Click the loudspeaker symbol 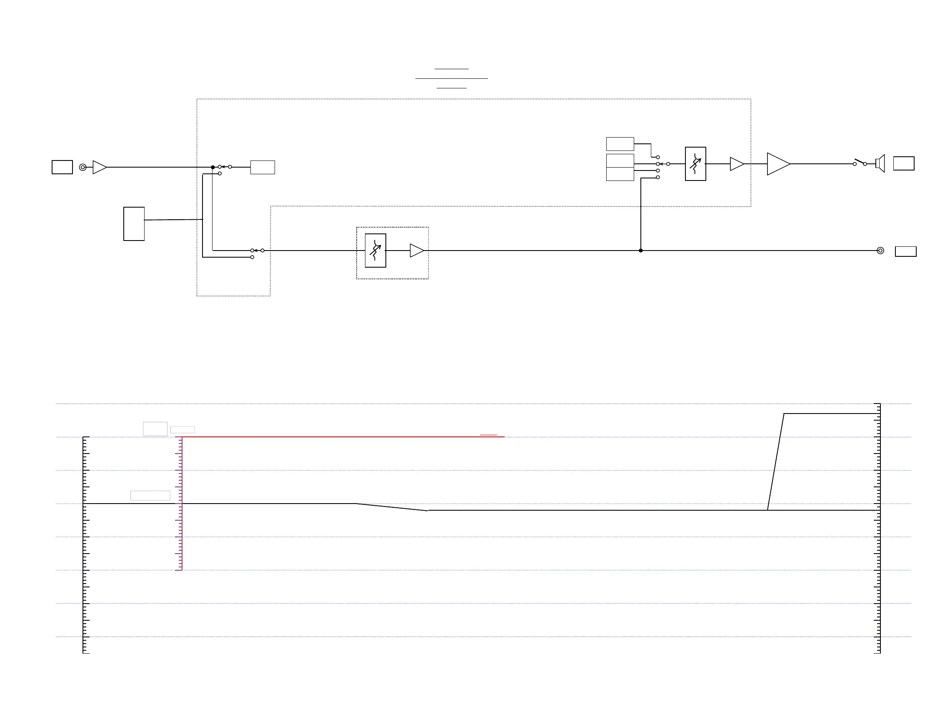(x=880, y=163)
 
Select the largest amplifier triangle (x=777, y=164)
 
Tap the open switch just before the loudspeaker (x=860, y=162)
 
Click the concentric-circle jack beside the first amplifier (x=83, y=168)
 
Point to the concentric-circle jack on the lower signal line (x=880, y=251)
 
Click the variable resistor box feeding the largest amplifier (x=695, y=164)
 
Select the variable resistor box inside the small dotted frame (x=375, y=251)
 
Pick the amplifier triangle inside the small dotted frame (x=416, y=251)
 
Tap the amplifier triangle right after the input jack (x=99, y=168)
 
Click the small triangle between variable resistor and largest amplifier (x=737, y=164)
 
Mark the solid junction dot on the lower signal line (x=641, y=251)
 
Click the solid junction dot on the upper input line (x=213, y=168)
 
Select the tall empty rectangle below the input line (x=134, y=224)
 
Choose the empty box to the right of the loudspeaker (x=904, y=163)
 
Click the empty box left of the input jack (x=62, y=168)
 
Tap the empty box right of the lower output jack (x=905, y=251)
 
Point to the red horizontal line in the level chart (x=340, y=437)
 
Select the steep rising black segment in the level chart (x=775, y=462)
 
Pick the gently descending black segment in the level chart (x=392, y=507)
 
